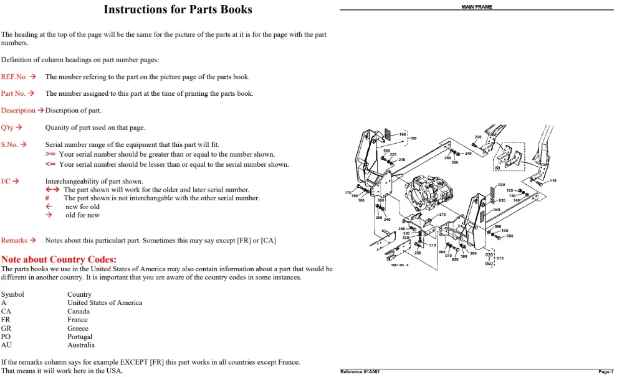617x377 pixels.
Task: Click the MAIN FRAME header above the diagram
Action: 477,7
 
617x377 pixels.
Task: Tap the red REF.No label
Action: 13,77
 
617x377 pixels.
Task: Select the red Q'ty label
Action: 7,128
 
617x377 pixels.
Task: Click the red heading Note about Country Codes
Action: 59,259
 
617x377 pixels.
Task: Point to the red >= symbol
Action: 50,154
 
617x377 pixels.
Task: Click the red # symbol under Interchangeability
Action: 47,198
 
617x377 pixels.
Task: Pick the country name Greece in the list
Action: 77,328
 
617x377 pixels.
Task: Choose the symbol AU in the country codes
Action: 6,345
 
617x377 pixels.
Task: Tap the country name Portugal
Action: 80,337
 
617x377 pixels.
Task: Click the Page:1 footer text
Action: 606,371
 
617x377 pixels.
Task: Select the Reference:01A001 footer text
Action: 360,371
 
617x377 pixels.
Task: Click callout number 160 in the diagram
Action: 403,134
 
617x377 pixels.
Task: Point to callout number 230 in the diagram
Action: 477,137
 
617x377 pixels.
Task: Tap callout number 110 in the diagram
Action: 553,180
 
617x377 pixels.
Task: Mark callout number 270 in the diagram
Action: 442,215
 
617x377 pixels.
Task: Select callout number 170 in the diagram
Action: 348,192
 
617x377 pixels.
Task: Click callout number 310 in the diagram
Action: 433,245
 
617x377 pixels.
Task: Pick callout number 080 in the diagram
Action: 510,236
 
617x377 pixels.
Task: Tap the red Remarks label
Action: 14,240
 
